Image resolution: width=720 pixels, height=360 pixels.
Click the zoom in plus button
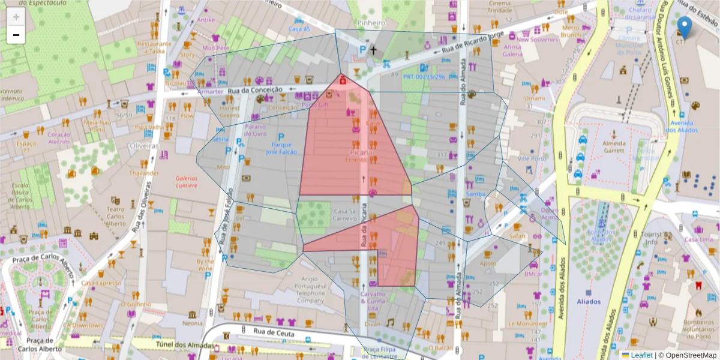(16, 17)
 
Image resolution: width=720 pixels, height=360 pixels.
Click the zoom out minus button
(16, 35)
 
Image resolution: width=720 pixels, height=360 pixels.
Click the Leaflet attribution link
(641, 355)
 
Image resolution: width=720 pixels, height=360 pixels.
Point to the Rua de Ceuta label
(275, 331)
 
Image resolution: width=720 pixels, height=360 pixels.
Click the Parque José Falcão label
(281, 148)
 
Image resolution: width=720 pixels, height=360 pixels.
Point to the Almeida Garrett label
(614, 147)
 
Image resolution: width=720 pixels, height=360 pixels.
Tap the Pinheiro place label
(371, 23)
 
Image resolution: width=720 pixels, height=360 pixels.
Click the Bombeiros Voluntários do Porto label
(697, 332)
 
